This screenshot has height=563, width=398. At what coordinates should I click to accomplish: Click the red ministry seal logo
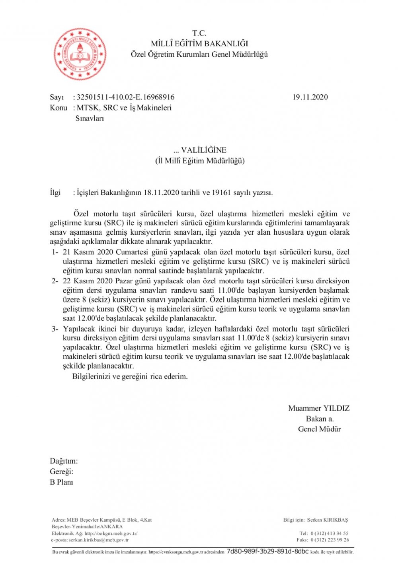point(80,54)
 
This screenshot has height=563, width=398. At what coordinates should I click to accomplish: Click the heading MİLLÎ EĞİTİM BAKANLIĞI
point(199,44)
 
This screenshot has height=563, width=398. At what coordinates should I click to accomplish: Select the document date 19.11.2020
point(310,97)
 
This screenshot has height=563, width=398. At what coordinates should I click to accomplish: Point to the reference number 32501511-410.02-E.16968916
point(125,97)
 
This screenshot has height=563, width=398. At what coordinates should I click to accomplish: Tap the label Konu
point(59,107)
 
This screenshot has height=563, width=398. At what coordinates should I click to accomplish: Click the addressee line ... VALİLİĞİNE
point(200,150)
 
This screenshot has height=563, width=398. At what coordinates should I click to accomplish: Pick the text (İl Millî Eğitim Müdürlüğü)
point(200,161)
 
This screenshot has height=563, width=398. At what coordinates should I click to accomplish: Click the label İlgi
point(55,193)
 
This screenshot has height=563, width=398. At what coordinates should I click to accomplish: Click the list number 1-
point(55,252)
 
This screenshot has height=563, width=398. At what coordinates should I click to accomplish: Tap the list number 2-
point(55,281)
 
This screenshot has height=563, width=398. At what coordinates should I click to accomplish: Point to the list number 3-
point(55,329)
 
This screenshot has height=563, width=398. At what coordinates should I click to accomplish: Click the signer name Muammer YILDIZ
point(319,408)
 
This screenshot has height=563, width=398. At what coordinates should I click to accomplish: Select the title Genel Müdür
point(319,429)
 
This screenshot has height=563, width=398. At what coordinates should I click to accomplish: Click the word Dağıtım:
point(64,461)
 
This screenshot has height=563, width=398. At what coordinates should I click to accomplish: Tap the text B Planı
point(61,482)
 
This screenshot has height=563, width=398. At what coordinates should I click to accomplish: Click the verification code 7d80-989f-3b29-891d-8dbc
point(267,551)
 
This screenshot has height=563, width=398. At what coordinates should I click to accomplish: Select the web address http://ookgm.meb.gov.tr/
point(111,533)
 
